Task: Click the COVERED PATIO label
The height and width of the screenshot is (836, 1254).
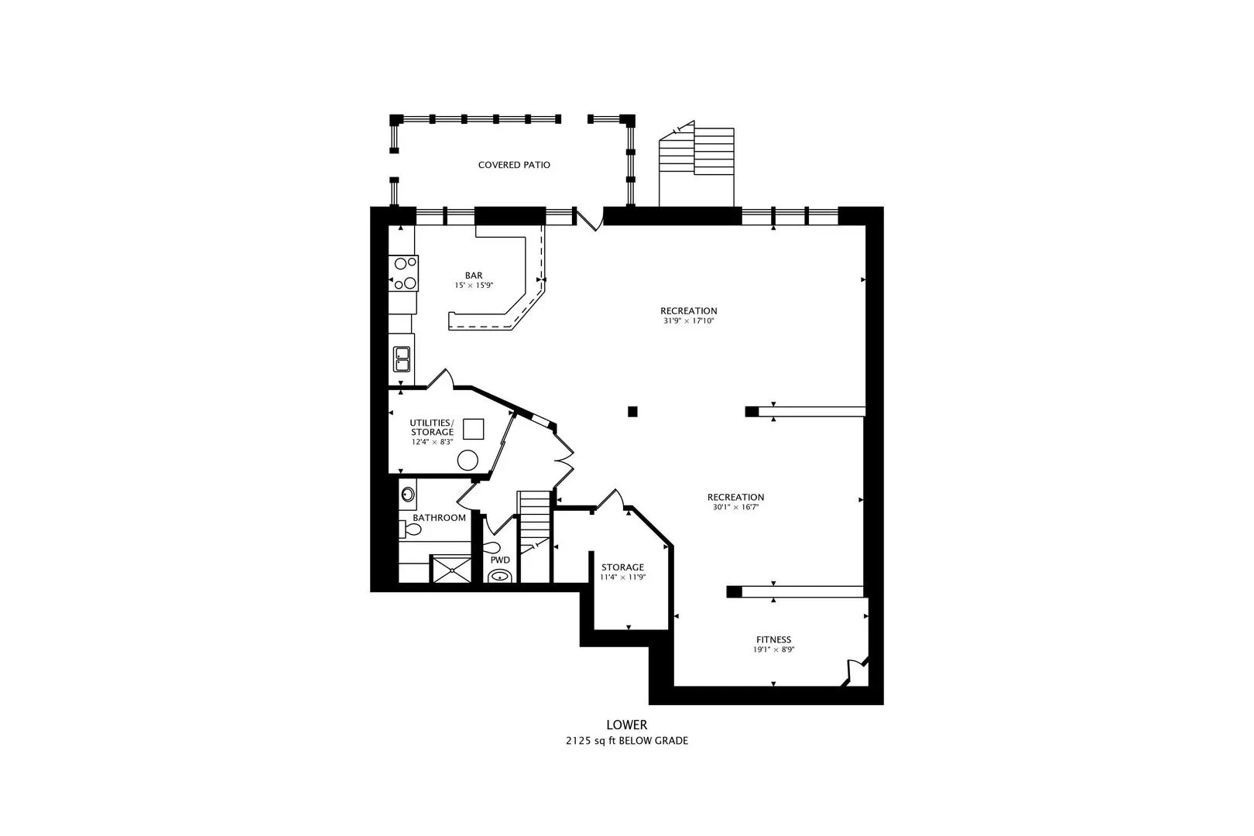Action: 514,165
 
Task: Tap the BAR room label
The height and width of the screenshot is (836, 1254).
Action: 474,276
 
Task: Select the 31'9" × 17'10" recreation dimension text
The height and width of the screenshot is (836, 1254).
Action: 688,320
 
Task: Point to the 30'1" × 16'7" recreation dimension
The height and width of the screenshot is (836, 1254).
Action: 735,508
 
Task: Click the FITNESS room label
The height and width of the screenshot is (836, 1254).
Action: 773,639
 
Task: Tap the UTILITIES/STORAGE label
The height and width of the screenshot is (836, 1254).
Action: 432,427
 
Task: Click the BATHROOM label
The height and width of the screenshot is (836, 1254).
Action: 439,518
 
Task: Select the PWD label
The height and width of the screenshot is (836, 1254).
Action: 500,560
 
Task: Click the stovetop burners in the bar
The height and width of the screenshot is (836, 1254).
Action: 403,272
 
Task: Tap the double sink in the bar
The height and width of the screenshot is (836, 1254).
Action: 402,358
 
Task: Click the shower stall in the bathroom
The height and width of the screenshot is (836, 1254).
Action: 450,570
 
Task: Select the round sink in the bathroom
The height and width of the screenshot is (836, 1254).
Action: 407,494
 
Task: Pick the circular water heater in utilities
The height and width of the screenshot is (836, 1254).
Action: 468,460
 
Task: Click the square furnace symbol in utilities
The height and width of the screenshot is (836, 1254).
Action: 473,429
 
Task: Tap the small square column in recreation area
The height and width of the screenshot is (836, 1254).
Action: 632,411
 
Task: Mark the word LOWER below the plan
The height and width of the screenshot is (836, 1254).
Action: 626,725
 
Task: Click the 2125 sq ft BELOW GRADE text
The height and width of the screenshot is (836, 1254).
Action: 626,741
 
